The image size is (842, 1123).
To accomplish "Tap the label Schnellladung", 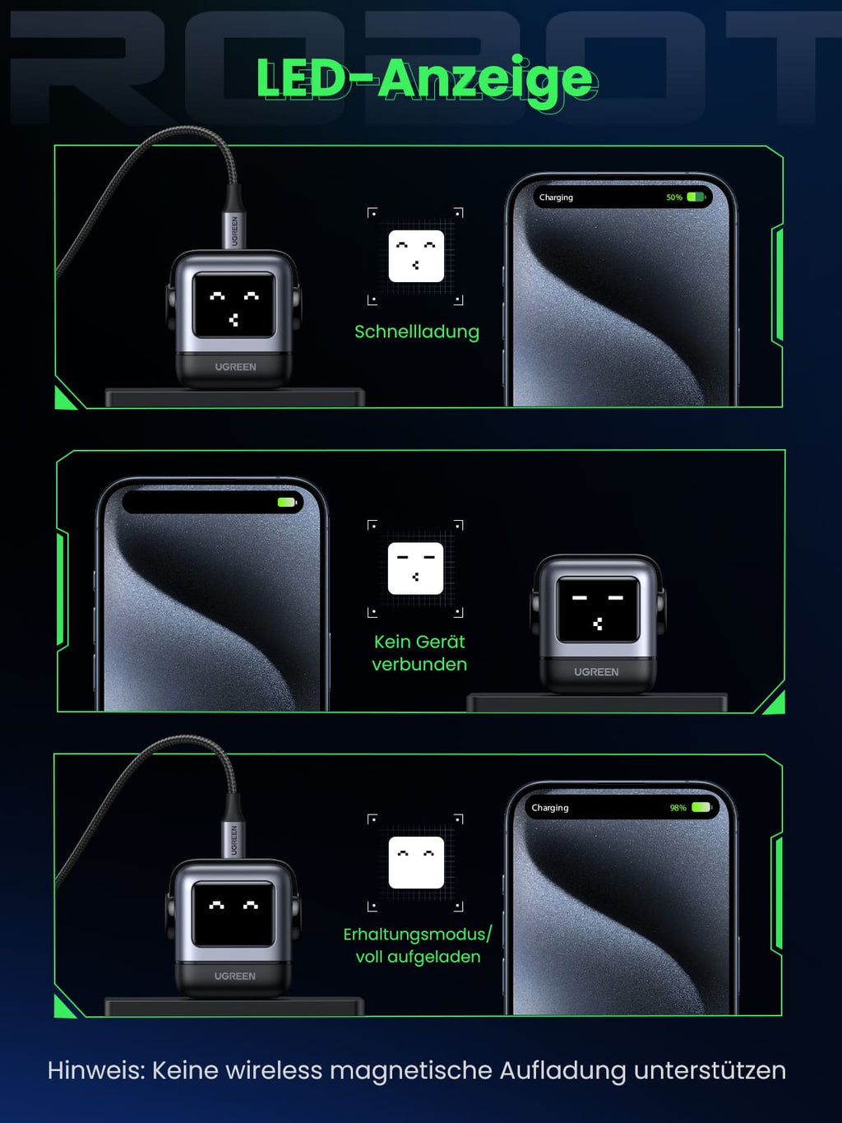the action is (417, 332).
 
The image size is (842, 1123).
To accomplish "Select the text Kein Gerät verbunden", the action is (419, 653).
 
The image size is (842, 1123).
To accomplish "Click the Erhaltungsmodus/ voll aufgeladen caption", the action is (418, 945).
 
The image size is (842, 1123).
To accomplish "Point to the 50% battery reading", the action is (674, 197).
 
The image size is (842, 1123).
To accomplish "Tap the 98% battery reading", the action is (678, 808).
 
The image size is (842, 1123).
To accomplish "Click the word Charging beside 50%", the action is (556, 197).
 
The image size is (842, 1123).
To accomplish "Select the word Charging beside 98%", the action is (549, 808).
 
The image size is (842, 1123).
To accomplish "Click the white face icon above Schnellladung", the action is (416, 256).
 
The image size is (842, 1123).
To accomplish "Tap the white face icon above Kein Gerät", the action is (415, 568).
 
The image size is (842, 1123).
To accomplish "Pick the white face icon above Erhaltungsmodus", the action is (416, 862).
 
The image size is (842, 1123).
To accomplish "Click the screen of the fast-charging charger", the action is (234, 304).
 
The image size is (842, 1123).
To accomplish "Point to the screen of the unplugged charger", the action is (598, 610).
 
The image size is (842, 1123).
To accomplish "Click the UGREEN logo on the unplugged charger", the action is (596, 672).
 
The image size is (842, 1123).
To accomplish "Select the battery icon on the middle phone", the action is (287, 503).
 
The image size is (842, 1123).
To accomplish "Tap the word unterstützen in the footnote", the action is (710, 1071).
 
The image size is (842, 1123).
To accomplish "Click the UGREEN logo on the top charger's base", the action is (235, 367).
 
